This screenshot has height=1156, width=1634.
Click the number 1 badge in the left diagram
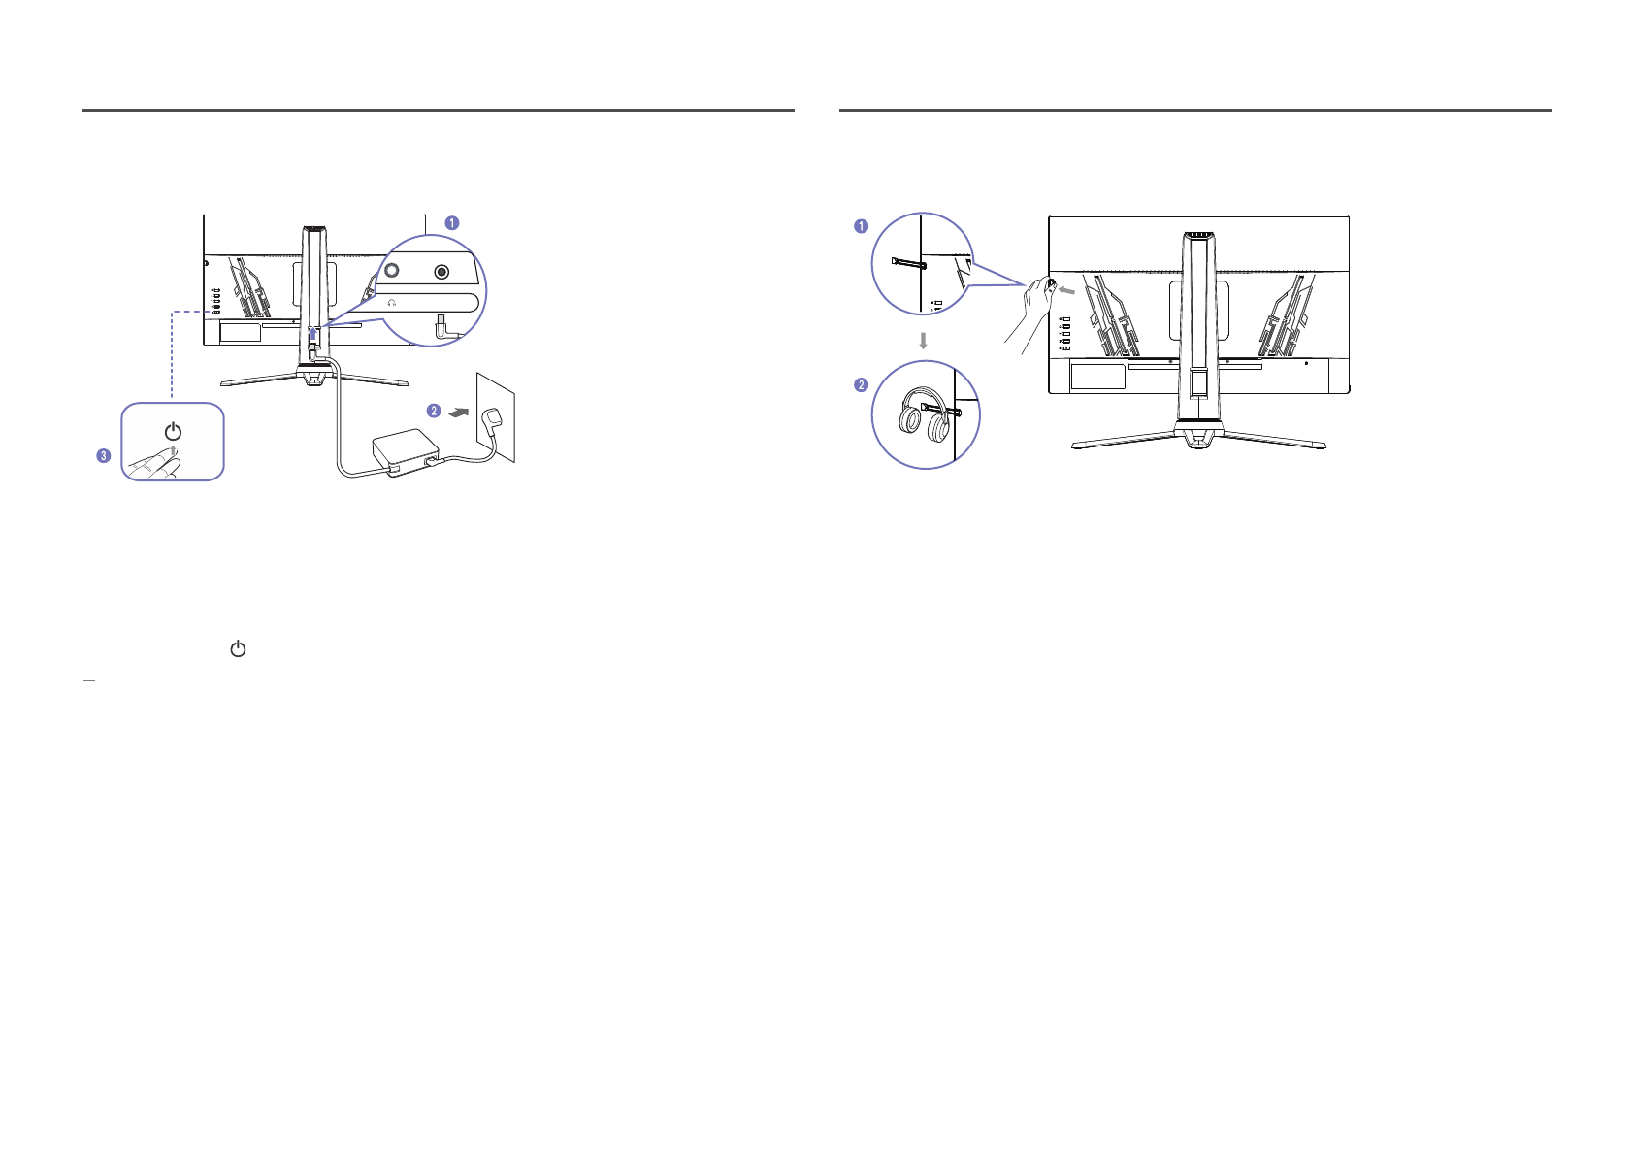pos(451,223)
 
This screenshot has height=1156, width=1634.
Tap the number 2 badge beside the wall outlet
pos(434,411)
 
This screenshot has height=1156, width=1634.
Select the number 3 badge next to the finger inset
pos(104,455)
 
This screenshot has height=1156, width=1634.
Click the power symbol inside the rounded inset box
pos(173,431)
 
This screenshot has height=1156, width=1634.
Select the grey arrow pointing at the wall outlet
pos(458,413)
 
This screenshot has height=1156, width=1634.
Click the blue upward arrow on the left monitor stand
pos(313,334)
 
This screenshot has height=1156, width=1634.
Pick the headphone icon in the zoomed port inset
pos(392,303)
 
